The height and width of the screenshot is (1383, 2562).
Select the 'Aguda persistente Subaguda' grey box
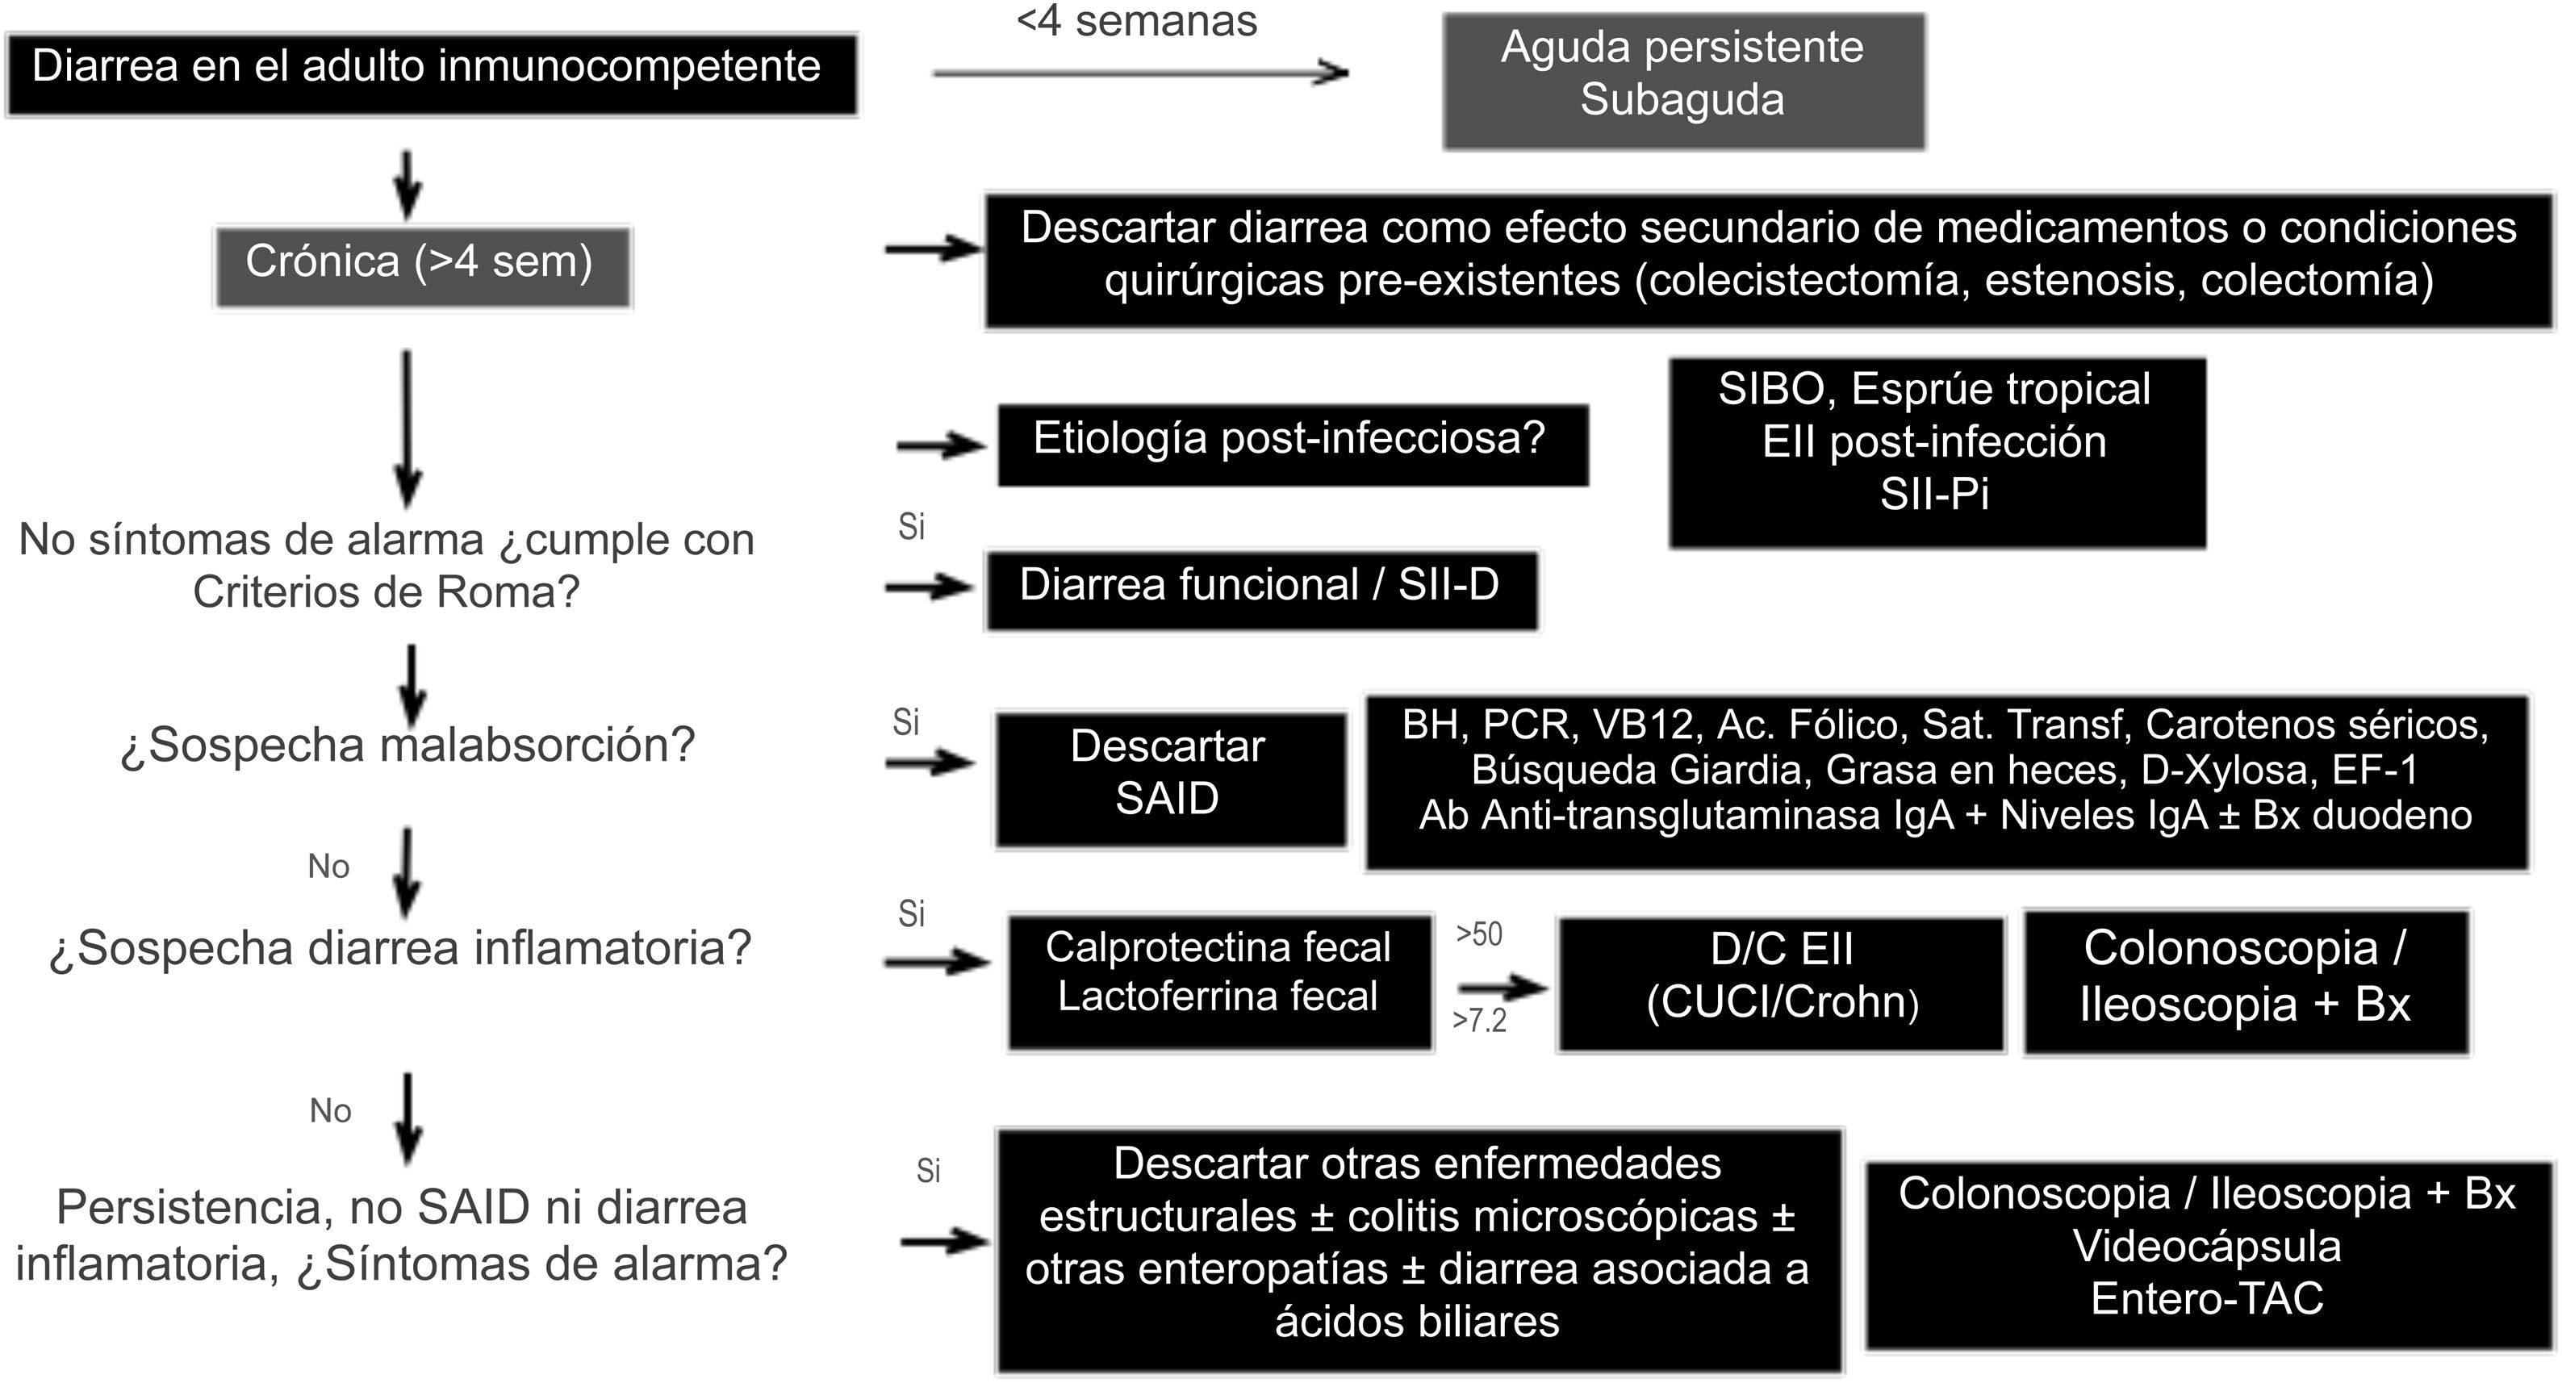[x=1682, y=81]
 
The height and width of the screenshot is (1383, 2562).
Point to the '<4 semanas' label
[x=1137, y=22]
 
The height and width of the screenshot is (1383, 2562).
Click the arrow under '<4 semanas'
[x=1139, y=73]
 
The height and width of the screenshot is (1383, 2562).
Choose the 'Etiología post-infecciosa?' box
[x=1292, y=445]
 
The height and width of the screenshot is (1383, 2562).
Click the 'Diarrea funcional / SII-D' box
[x=1261, y=588]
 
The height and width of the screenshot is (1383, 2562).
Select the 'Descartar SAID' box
[x=1169, y=779]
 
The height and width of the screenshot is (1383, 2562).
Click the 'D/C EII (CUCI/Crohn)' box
[x=1780, y=982]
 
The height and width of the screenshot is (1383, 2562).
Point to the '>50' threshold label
[x=1479, y=934]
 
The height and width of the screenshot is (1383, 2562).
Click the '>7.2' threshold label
[x=1479, y=1020]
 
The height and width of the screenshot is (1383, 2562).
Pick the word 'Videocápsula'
[x=2206, y=1247]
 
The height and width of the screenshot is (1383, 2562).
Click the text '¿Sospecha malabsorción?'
[x=407, y=746]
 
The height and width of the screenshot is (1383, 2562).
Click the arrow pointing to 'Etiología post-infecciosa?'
[x=940, y=445]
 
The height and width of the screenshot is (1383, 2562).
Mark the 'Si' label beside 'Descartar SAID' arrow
[x=905, y=722]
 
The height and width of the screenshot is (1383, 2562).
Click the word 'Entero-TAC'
[x=2206, y=1298]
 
